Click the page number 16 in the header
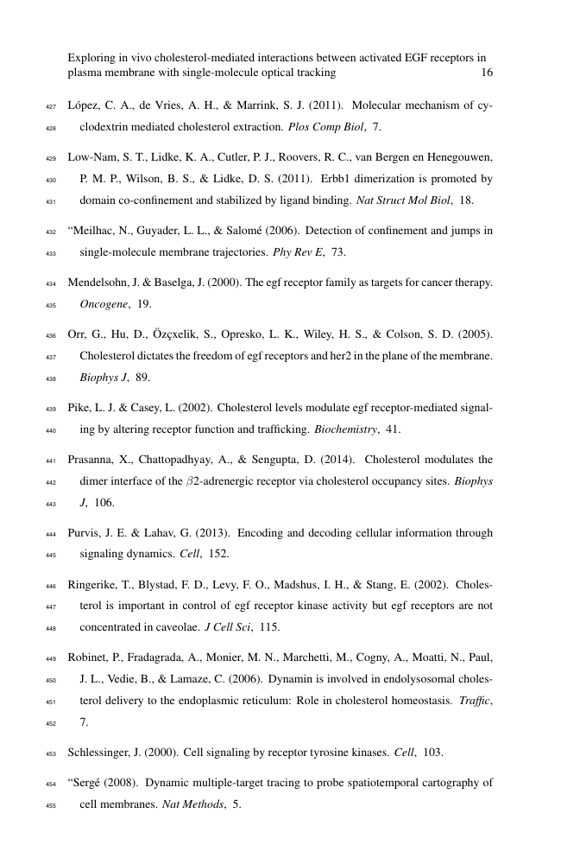(486, 73)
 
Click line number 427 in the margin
(49, 107)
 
